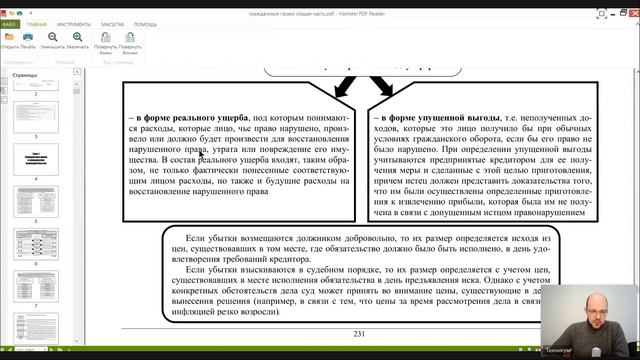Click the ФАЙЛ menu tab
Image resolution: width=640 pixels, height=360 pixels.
[9, 23]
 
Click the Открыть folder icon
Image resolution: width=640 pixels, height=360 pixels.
[9, 40]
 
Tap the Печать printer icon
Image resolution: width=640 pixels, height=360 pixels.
[28, 40]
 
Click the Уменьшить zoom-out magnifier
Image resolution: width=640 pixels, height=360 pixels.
[53, 40]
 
